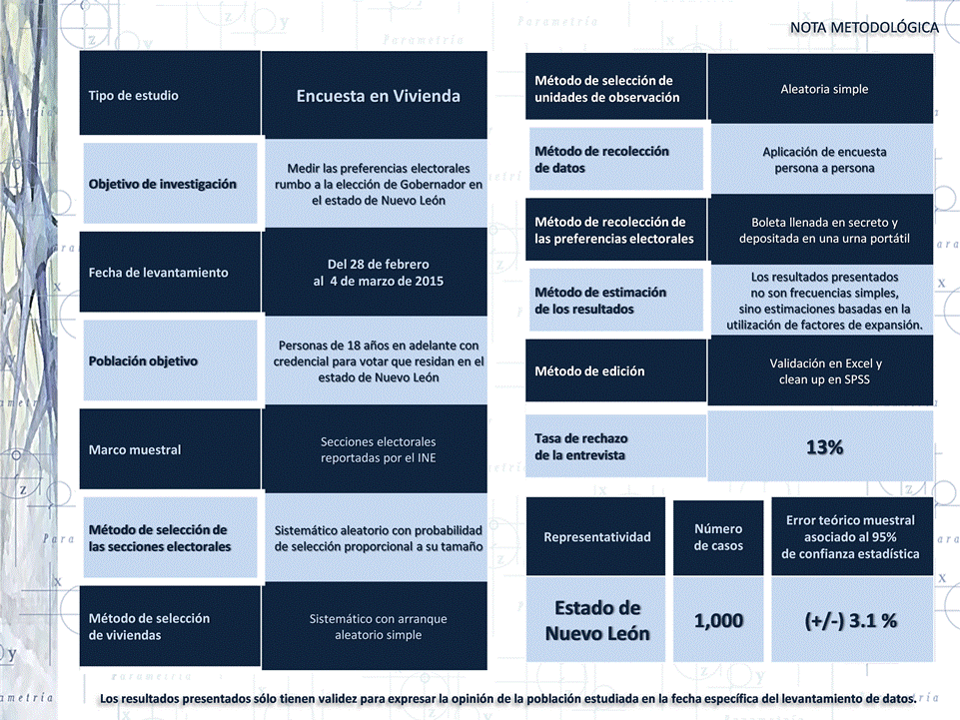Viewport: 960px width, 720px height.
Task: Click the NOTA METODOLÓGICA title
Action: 863,27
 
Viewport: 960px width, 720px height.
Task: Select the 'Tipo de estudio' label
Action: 133,96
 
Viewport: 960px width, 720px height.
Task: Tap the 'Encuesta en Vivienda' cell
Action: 378,96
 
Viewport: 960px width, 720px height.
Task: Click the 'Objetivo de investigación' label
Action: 162,184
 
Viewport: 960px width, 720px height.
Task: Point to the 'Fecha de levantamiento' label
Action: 158,273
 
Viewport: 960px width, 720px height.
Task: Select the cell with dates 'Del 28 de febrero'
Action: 378,273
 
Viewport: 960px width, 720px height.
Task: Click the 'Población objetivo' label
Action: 143,361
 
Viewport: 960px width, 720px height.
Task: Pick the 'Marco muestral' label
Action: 135,449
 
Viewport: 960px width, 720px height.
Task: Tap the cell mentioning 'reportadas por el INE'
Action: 378,449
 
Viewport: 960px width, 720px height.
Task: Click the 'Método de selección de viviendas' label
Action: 149,626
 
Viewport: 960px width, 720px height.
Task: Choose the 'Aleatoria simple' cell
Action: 824,89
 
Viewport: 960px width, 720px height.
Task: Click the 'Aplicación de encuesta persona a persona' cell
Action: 824,160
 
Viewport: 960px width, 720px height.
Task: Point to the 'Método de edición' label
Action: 589,371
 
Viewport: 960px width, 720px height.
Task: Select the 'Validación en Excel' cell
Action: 824,371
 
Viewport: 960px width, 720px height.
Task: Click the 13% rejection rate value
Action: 824,446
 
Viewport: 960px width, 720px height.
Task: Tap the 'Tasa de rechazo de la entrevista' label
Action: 581,446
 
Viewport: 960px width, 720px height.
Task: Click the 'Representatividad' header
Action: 596,537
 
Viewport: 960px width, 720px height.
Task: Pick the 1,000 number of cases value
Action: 718,620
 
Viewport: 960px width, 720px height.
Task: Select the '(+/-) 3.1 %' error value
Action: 851,620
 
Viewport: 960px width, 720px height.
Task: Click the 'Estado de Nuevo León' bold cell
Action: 596,620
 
